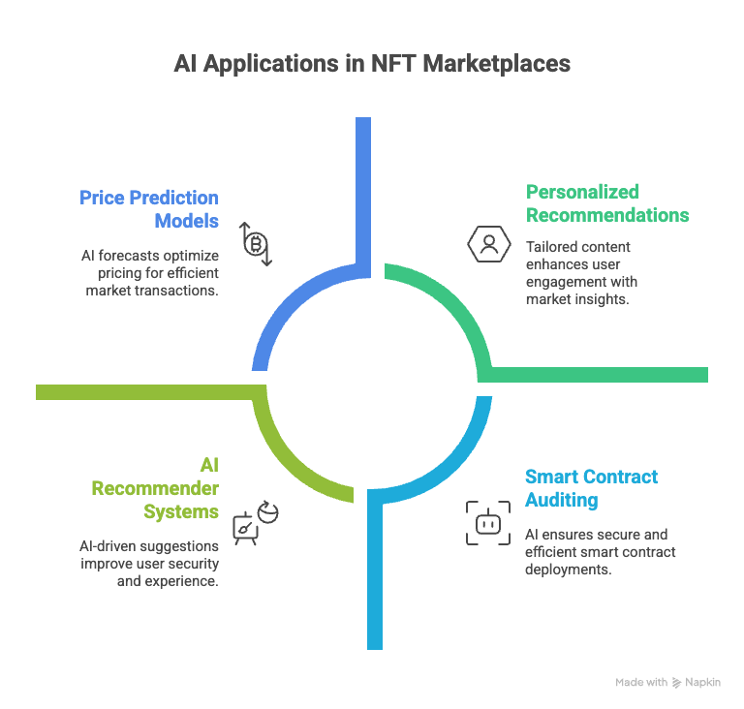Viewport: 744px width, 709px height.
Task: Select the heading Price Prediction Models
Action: pos(149,209)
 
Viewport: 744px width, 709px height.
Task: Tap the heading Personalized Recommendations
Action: pos(607,202)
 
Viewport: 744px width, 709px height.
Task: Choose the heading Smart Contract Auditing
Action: pos(591,488)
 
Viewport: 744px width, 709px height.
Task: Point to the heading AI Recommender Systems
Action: pos(155,487)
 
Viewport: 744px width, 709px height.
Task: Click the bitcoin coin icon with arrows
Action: pos(257,242)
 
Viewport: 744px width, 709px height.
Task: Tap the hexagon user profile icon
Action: pos(488,243)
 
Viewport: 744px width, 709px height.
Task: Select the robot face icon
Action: pos(486,523)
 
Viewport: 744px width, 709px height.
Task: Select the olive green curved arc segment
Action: pos(291,455)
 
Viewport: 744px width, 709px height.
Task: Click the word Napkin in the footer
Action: pos(703,682)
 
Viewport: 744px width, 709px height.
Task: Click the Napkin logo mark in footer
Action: pos(676,682)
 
